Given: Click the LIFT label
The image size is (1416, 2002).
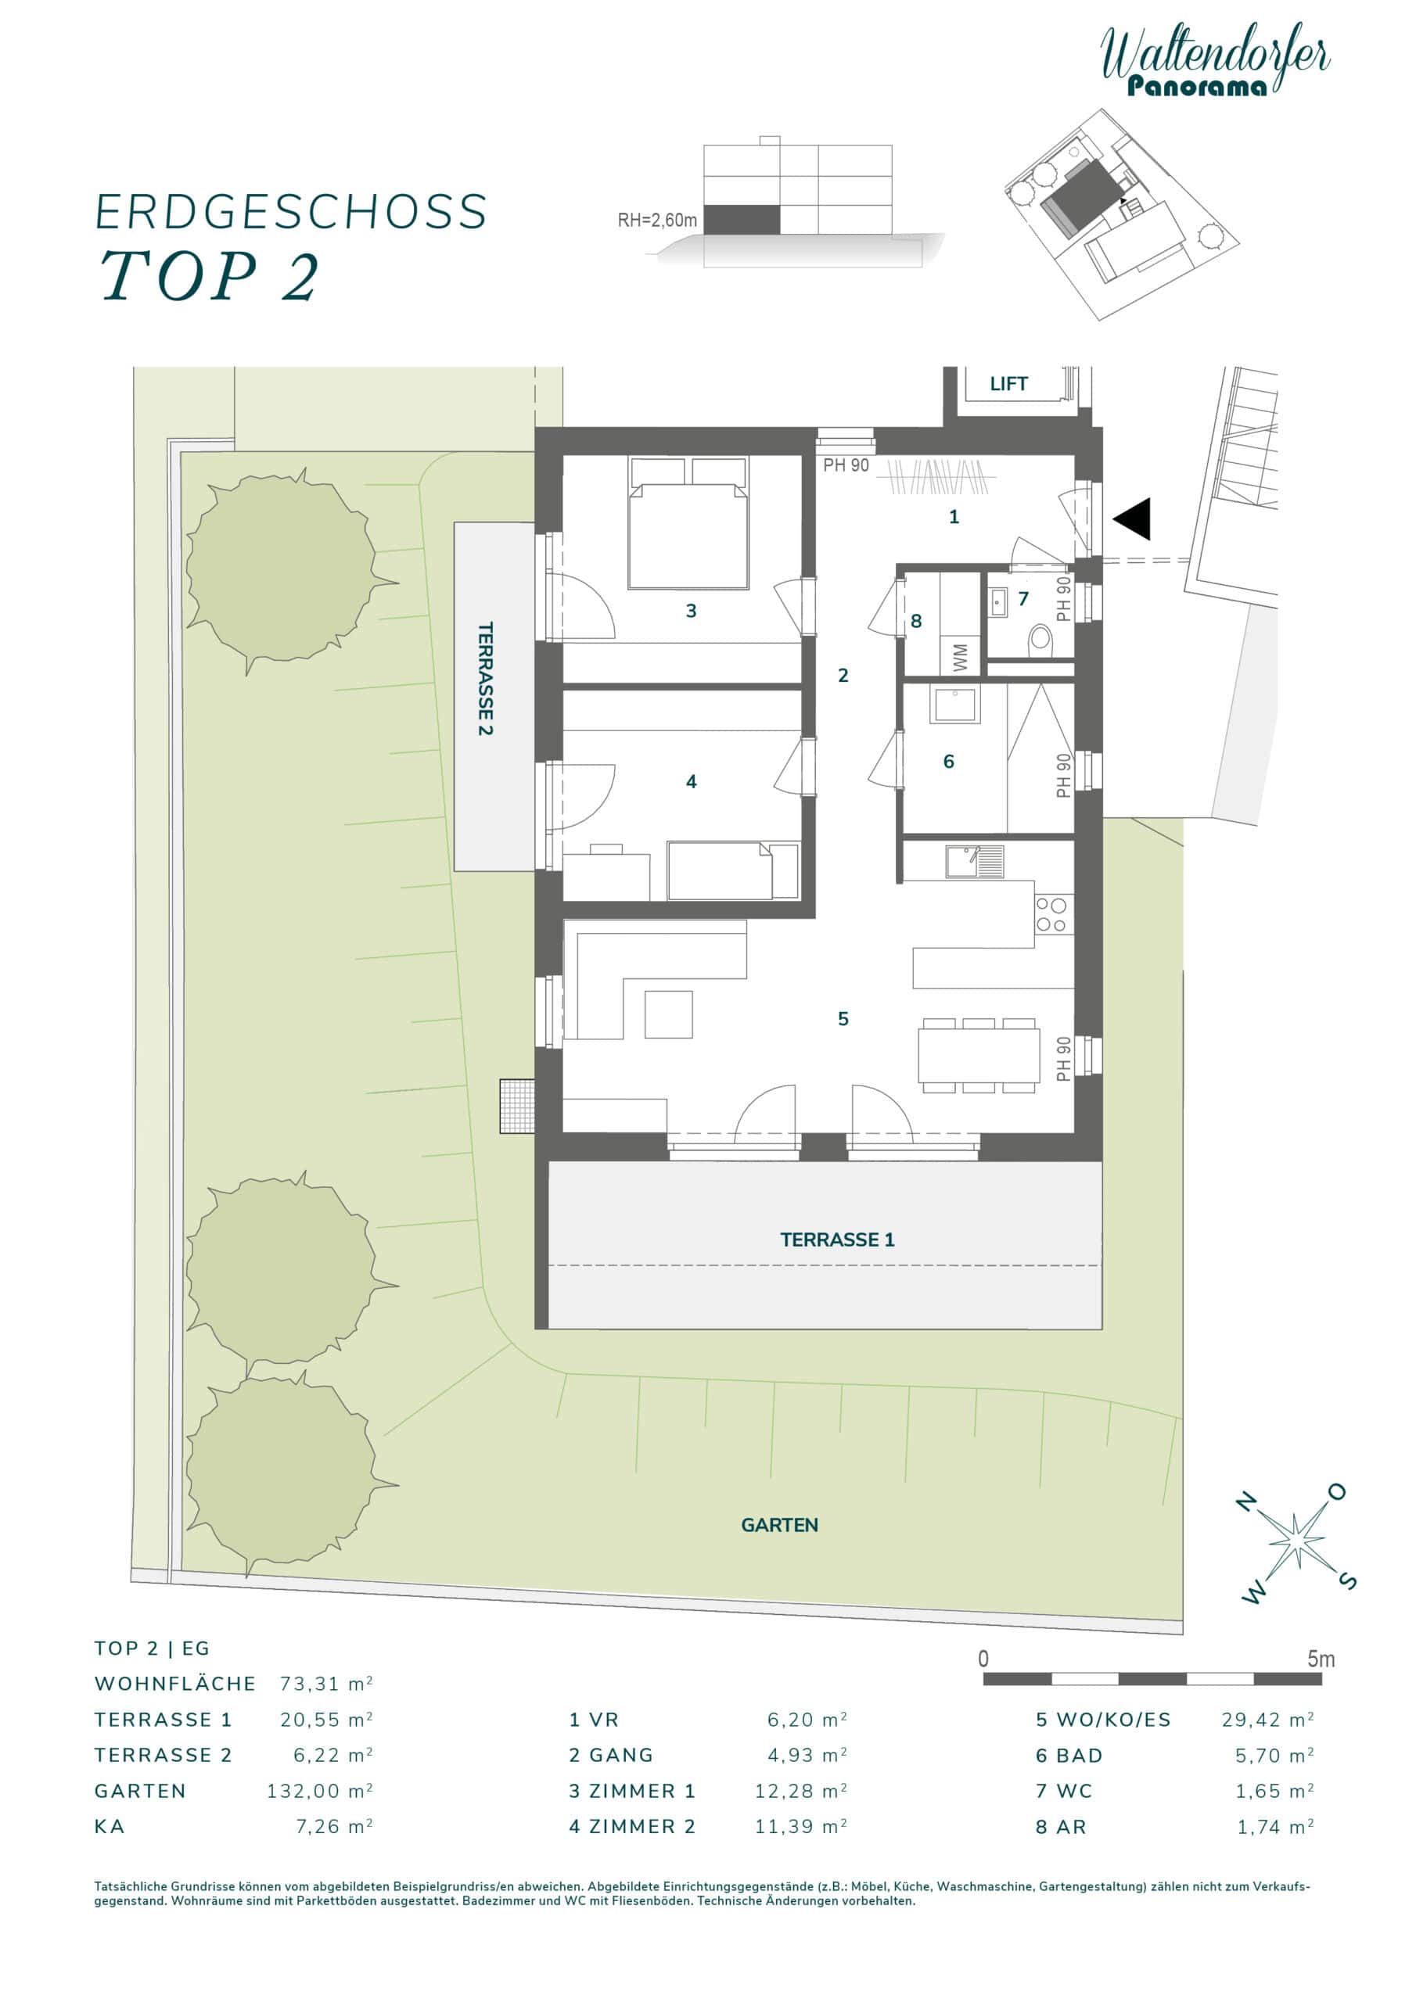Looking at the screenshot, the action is click(x=1008, y=384).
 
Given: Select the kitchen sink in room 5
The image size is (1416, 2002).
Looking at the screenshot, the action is click(x=975, y=862).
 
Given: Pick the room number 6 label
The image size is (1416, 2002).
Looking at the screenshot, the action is click(x=948, y=761).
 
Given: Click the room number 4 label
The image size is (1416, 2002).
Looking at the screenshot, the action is click(x=691, y=781).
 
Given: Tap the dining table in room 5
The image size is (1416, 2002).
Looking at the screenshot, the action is click(x=979, y=1055).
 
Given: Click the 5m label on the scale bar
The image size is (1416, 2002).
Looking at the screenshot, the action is click(x=1321, y=1659).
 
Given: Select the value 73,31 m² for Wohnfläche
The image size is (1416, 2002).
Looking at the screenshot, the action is click(x=326, y=1683).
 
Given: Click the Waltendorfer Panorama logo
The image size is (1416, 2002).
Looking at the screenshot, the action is click(x=1215, y=62).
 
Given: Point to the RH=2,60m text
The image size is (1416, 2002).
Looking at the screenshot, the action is click(x=657, y=221).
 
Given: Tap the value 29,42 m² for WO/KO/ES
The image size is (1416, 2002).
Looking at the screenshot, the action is click(x=1267, y=1720).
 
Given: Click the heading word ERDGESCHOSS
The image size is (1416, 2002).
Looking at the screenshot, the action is click(x=290, y=212).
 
